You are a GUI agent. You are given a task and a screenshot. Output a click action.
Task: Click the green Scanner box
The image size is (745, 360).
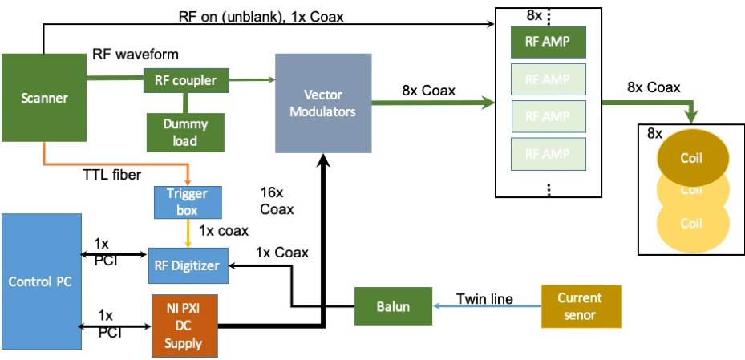point(44,99)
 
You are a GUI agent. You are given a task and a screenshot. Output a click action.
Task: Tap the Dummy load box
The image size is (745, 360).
point(186,131)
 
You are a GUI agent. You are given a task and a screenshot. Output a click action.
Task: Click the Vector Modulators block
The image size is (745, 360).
point(323,103)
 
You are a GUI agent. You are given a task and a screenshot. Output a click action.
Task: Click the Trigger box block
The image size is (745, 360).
point(186,201)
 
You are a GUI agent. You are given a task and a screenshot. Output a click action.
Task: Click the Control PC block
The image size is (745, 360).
point(42,281)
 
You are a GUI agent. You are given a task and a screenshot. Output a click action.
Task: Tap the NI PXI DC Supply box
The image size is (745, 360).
point(185,326)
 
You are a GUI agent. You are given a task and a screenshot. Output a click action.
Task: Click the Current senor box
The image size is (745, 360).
point(581,305)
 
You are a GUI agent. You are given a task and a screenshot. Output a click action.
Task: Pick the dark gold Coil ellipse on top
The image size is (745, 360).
point(691,158)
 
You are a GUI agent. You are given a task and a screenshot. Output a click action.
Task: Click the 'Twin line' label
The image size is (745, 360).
point(484,299)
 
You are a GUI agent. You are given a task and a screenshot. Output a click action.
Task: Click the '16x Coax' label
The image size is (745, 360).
point(277,201)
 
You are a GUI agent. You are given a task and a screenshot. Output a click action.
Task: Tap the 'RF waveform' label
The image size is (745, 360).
point(136,55)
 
